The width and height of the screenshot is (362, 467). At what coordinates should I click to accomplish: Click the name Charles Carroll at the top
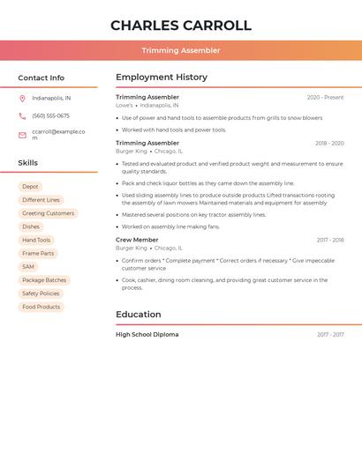pos(181,26)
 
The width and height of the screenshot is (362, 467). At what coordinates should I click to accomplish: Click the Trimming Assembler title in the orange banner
pos(181,50)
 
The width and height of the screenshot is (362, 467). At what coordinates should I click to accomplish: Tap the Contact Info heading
pos(41,78)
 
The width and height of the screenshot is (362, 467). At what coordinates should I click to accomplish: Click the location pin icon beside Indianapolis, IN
pos(22,99)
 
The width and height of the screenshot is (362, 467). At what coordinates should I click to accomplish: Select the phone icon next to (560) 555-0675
pos(22,116)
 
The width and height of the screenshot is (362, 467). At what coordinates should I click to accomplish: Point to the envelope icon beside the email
pos(22,135)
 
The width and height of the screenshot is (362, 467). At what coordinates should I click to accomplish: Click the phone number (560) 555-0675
pos(50,116)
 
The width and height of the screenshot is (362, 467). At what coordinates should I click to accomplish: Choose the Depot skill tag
pos(31,187)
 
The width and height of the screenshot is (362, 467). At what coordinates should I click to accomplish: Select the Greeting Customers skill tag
pos(48,213)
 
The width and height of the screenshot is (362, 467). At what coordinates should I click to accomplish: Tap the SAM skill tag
pos(28,267)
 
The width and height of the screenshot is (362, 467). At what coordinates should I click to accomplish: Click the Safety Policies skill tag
pos(41,293)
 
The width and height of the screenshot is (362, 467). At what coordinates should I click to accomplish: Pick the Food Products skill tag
pos(41,307)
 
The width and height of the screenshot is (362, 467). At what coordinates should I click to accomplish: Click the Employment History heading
pos(162,78)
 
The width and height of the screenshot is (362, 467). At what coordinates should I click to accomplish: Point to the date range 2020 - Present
pos(325,98)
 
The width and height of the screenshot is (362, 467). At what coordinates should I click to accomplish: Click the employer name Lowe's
pos(124,105)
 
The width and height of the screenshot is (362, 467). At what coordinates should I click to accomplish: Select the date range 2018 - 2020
pos(328,143)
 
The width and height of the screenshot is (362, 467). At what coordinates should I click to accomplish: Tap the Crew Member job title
pos(137,240)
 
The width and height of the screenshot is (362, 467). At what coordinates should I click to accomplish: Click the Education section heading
pos(139,315)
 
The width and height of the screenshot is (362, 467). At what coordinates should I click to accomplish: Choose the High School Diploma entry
pos(147,335)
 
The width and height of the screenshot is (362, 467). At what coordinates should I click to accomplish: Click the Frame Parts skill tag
pos(38,254)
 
